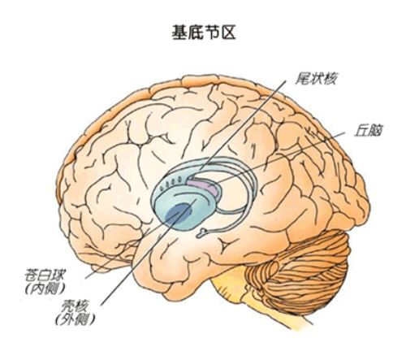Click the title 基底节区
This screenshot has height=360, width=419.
[x=204, y=33]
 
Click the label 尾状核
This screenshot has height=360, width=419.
[x=316, y=79]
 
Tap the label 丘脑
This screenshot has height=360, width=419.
[x=368, y=131]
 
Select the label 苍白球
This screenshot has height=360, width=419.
[x=45, y=275]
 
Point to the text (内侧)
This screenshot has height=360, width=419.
[x=45, y=289]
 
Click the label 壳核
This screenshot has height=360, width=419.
[x=74, y=307]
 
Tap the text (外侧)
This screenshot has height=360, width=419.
[x=75, y=320]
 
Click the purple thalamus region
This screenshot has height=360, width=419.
[x=203, y=186]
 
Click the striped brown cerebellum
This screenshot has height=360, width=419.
[x=298, y=271]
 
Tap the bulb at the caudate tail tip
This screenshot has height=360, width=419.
[x=201, y=233]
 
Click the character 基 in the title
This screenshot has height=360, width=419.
[x=179, y=33]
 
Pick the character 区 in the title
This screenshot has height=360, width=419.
[x=228, y=33]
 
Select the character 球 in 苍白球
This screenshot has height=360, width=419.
[x=58, y=275]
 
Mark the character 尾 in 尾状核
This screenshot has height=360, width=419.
[x=302, y=79]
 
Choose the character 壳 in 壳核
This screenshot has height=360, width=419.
[x=67, y=307]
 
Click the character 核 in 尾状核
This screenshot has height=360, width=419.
[x=330, y=79]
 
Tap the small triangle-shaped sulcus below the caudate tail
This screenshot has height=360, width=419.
[x=225, y=246]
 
